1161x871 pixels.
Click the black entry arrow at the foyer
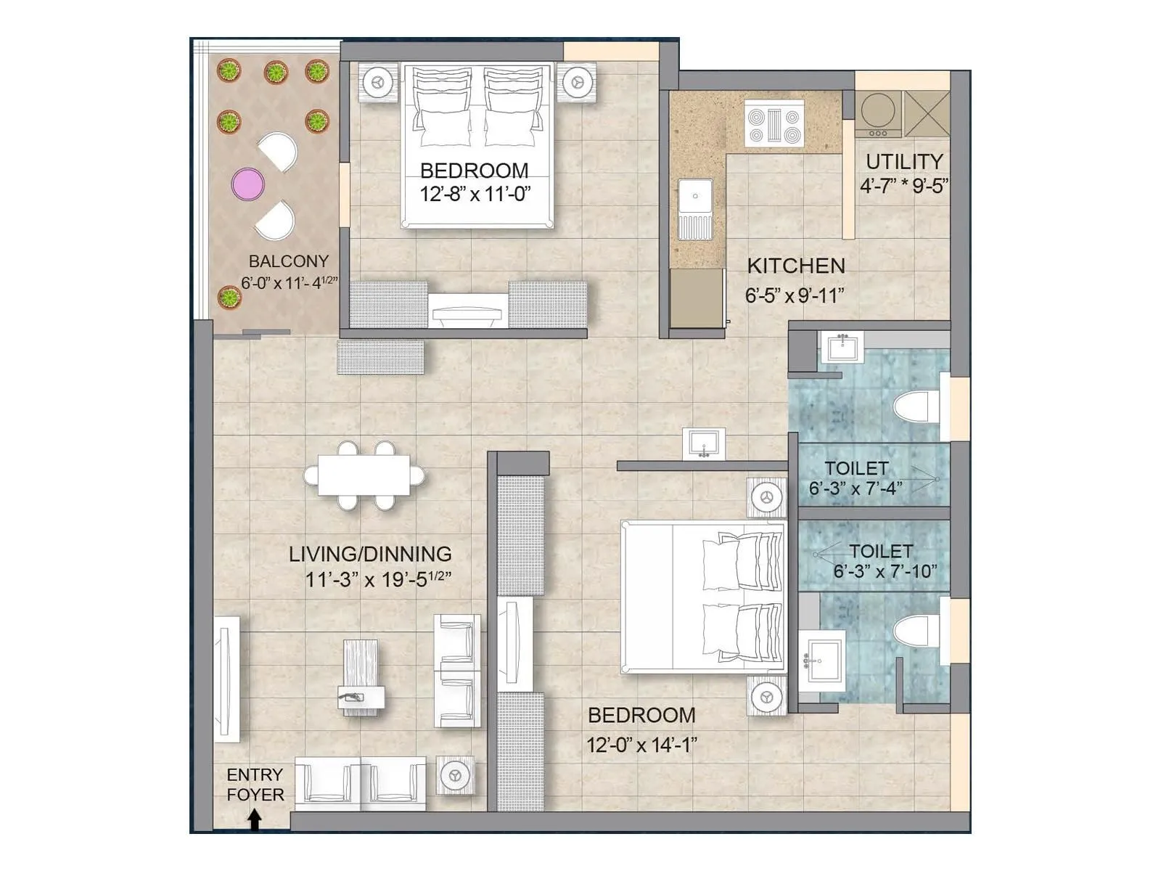(x=255, y=819)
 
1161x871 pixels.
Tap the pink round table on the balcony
(x=247, y=184)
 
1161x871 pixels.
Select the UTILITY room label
(x=904, y=161)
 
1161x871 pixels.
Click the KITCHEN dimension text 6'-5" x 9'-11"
(x=795, y=295)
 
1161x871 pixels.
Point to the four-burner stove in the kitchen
(x=774, y=123)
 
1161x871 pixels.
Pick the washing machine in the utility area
(x=877, y=114)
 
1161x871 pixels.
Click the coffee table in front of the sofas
(x=361, y=676)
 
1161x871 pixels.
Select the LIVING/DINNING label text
(x=370, y=554)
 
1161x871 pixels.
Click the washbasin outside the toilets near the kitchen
(x=702, y=443)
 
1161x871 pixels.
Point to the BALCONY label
(x=288, y=261)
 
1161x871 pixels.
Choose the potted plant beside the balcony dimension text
(x=229, y=297)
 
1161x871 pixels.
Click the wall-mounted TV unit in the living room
(x=227, y=679)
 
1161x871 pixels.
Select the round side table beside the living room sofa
(x=456, y=776)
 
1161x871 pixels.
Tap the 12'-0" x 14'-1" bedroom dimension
(x=641, y=745)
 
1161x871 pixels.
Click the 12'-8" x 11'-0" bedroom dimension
(x=475, y=194)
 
